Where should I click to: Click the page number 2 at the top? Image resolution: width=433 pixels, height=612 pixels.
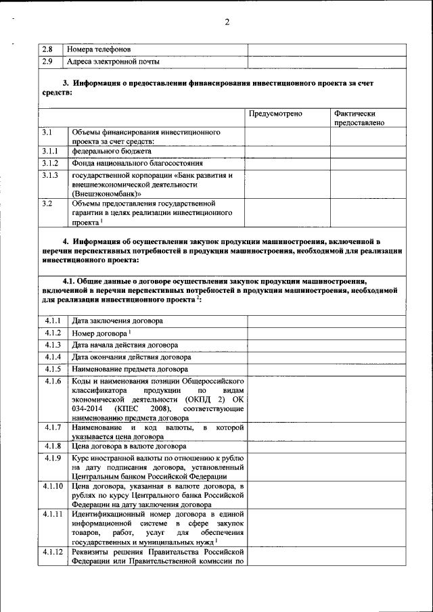pyautogui.click(x=227, y=22)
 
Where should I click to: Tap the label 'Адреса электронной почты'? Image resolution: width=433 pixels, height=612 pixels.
pyautogui.click(x=113, y=62)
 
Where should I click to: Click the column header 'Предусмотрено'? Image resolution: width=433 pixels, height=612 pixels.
pyautogui.click(x=275, y=114)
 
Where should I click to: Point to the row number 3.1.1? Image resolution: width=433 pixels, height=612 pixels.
pyautogui.click(x=50, y=152)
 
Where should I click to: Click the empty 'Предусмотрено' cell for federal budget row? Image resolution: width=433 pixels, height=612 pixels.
pyautogui.click(x=287, y=152)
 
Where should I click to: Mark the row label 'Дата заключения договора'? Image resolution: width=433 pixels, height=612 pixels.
pyautogui.click(x=117, y=321)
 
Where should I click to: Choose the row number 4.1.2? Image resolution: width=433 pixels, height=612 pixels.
pyautogui.click(x=53, y=333)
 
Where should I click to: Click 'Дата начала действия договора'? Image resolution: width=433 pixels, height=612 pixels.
pyautogui.click(x=124, y=345)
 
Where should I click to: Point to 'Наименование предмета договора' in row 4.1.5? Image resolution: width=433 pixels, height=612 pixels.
pyautogui.click(x=130, y=369)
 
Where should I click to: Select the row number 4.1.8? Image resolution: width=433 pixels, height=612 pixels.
pyautogui.click(x=53, y=446)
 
